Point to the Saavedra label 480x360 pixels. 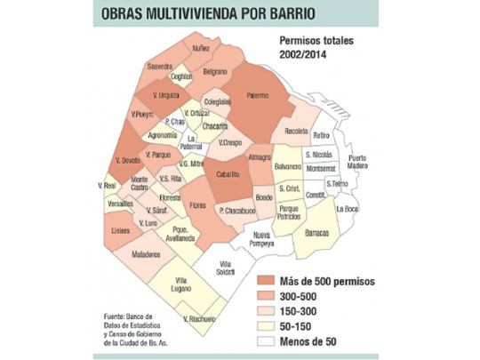click(159, 66)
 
